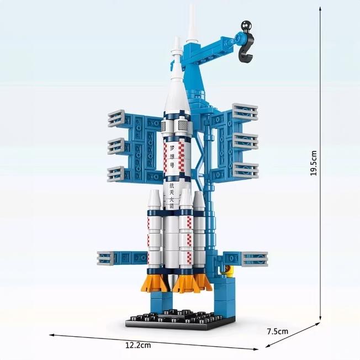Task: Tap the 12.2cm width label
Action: (x=138, y=346)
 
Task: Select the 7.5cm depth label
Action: (x=277, y=332)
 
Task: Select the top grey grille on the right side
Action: (x=245, y=112)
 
